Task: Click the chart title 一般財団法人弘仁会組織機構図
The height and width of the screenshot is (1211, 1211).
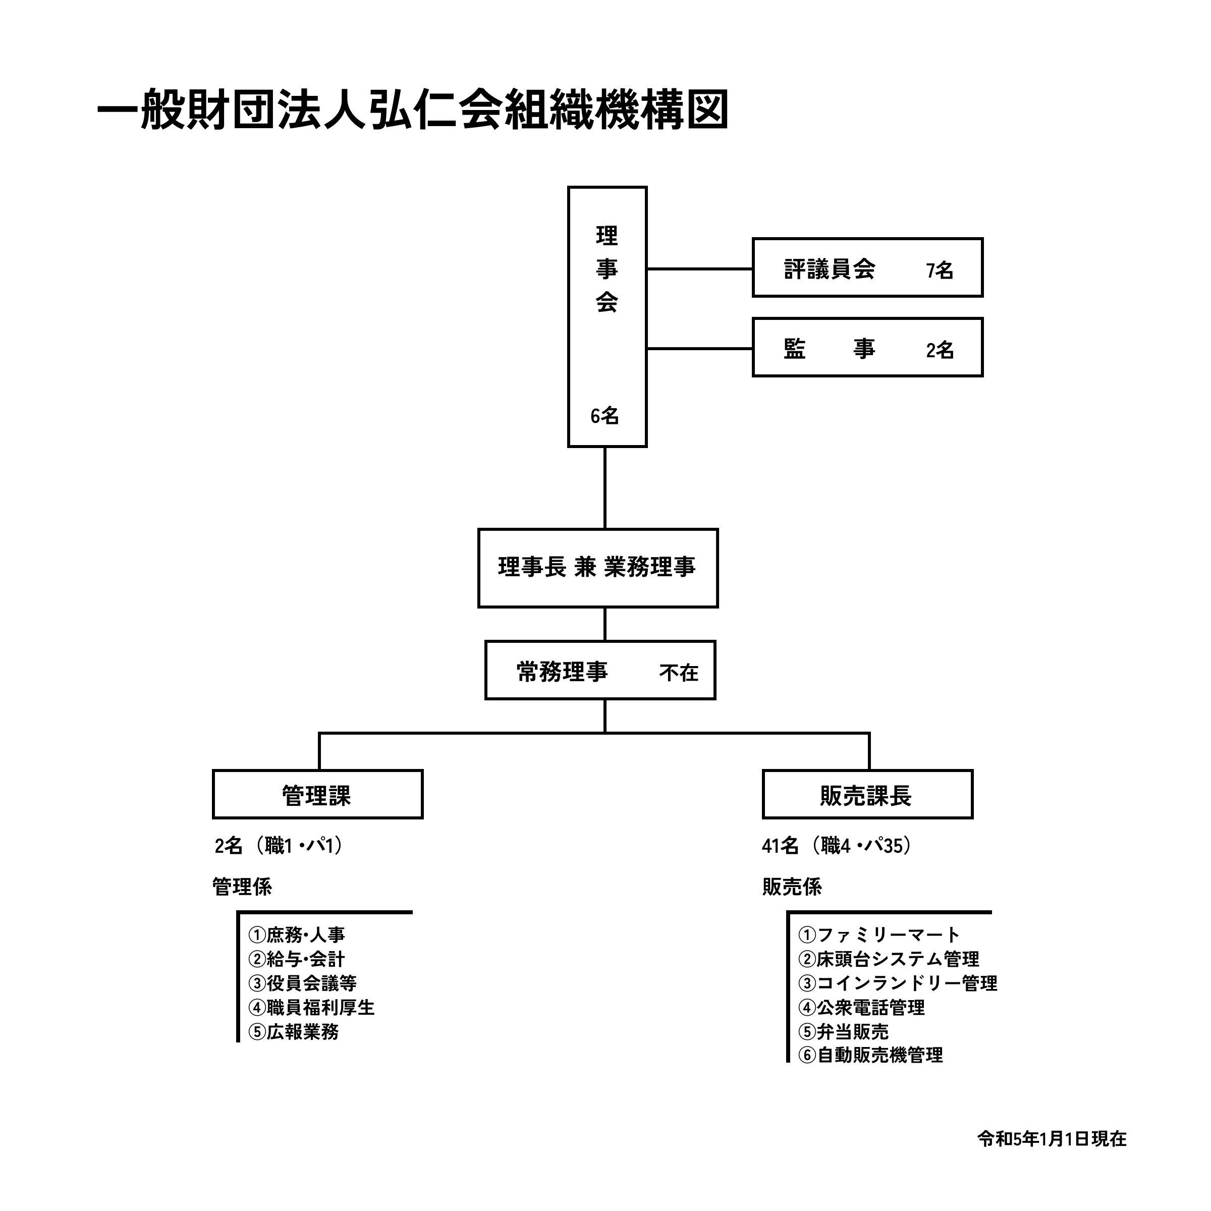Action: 412,109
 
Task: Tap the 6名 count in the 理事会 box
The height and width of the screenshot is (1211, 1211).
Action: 604,416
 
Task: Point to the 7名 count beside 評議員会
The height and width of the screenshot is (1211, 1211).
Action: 940,270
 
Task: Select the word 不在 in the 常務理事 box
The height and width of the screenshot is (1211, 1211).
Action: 679,673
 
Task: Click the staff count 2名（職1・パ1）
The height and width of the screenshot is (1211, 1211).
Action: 280,846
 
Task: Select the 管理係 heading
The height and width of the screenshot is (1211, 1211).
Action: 242,887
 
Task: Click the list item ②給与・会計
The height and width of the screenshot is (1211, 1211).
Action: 297,959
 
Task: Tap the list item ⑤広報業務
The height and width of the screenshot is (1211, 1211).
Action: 293,1032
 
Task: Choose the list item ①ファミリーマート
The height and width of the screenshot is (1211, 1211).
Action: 879,934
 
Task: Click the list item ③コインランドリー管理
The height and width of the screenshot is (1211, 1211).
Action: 898,983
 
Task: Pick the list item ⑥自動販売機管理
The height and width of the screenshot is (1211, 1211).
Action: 870,1055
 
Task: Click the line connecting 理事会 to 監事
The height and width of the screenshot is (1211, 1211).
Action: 699,349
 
